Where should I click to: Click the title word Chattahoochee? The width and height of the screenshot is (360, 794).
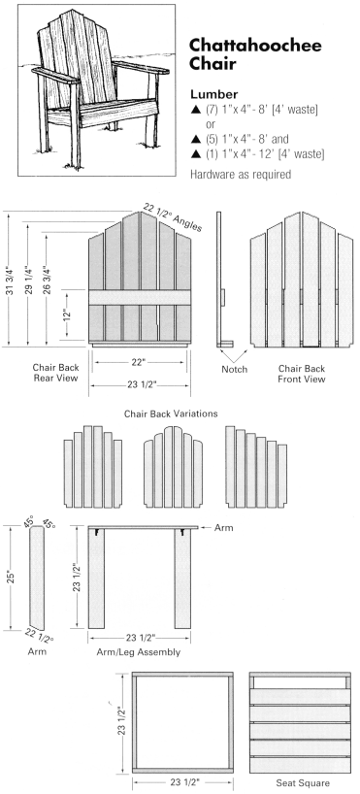(x=255, y=46)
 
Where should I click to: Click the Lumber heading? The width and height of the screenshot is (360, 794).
(x=214, y=94)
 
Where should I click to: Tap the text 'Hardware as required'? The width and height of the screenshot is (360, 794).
(x=241, y=174)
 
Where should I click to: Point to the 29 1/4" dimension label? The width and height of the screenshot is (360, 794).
(x=29, y=279)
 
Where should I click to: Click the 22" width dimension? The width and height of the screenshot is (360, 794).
(x=138, y=361)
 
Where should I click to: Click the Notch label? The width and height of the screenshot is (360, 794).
(x=235, y=369)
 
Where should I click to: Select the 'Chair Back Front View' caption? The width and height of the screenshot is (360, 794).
(x=302, y=374)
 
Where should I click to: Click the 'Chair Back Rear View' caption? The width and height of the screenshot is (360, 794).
(x=55, y=372)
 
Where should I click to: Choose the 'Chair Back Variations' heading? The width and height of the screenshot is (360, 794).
(x=171, y=414)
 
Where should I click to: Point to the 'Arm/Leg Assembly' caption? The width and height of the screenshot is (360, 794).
(x=138, y=652)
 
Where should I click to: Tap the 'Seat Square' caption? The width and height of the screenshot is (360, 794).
(x=303, y=783)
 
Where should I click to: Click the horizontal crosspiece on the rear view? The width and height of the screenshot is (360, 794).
(x=140, y=297)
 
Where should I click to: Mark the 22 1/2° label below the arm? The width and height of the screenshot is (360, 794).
(x=40, y=635)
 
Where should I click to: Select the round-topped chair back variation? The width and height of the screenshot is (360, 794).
(x=173, y=466)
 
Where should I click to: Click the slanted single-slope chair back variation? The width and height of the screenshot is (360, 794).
(x=256, y=466)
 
